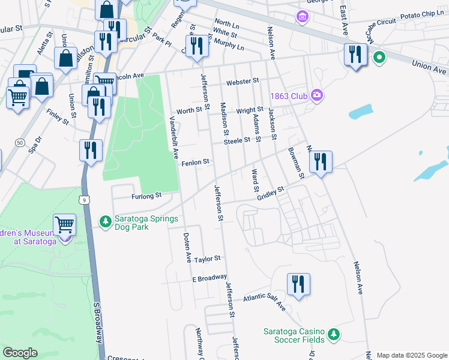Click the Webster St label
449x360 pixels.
242,81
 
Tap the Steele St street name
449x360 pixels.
237,140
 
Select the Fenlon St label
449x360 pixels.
195,162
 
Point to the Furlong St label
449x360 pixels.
147,196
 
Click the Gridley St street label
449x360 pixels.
270,193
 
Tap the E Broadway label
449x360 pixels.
209,278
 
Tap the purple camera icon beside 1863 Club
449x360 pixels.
316,95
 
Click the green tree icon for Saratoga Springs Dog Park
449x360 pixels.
106,222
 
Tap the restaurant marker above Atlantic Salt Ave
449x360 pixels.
298,284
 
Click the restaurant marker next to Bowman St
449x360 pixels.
321,161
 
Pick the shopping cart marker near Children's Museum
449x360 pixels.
64,224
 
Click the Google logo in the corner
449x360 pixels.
20,352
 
